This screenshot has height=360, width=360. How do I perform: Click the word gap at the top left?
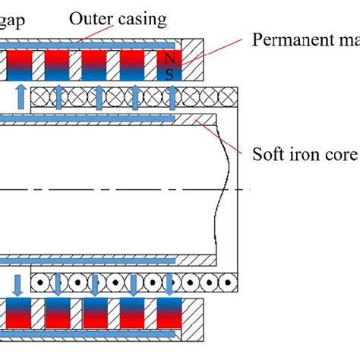(13, 20)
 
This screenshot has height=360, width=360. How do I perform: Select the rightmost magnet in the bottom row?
(171, 333)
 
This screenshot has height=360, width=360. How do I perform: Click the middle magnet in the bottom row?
(96, 333)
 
